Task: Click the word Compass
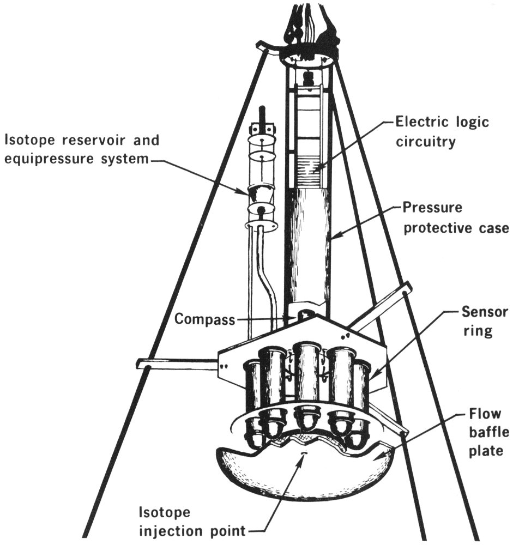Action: point(204,319)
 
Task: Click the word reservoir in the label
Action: point(99,141)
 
